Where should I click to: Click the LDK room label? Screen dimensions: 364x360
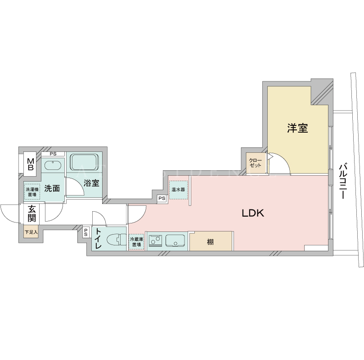coord(253,213)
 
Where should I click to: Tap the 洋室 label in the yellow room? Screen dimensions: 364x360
coord(297,128)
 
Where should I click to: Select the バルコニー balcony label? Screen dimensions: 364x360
coord(343,181)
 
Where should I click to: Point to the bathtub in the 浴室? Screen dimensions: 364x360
coord(85,162)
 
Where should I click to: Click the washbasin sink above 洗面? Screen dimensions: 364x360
coord(53,165)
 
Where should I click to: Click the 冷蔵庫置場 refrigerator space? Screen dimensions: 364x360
coord(136,242)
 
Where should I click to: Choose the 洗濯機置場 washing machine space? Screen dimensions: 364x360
coord(32,191)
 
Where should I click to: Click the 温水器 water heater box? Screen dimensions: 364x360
coord(178,190)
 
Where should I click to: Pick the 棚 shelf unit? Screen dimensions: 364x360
coord(211,241)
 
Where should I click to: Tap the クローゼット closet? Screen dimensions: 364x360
coord(256,163)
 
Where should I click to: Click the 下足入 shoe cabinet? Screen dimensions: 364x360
coord(31,232)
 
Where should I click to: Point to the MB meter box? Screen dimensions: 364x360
coord(31,164)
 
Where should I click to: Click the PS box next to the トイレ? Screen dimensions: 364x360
coord(86,232)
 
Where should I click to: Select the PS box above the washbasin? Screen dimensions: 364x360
coord(53,154)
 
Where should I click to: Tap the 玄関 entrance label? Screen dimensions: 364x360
coord(31,214)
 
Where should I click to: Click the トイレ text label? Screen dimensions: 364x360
coord(98,239)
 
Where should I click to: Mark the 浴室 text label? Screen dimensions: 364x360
coord(91,183)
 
